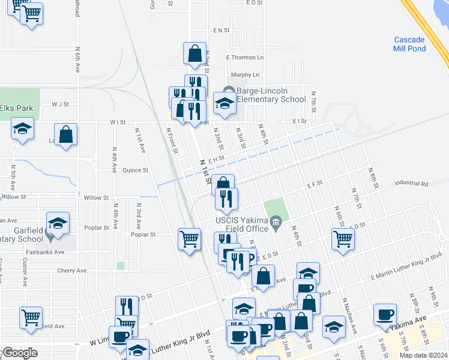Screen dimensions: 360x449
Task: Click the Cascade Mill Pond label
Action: coord(409,44)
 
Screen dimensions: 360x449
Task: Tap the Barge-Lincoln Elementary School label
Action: coord(271,95)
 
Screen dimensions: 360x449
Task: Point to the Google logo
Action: coord(19,353)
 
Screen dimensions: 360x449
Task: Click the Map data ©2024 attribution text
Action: coord(423,355)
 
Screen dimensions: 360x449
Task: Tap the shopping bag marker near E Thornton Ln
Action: coord(195,54)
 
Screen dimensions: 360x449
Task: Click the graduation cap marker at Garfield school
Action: coord(58,223)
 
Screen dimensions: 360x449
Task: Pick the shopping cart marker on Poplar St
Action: coord(189,239)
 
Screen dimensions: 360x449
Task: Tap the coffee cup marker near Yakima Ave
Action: coord(384,315)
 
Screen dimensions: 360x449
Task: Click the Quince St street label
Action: coord(135,170)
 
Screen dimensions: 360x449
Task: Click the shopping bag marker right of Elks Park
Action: coord(66,135)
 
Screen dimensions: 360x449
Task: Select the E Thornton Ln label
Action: coord(244,58)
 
